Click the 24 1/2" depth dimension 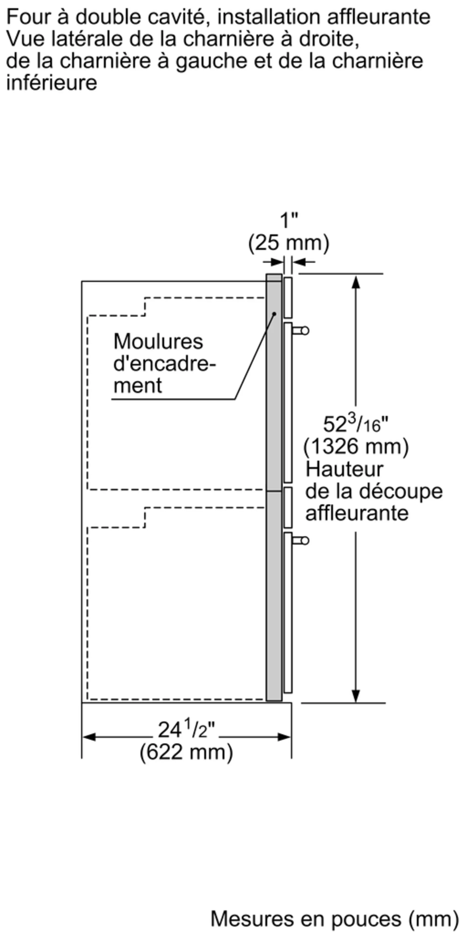(x=186, y=730)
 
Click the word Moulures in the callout (x=158, y=342)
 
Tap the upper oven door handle (x=301, y=331)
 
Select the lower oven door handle (x=301, y=541)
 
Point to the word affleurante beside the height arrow (x=357, y=513)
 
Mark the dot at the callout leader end (x=274, y=314)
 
